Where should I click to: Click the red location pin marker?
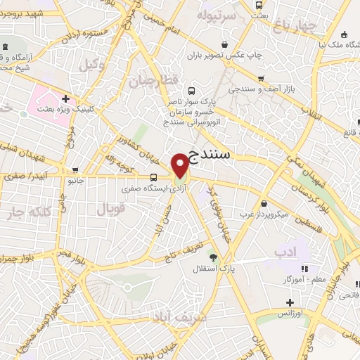point(181,165)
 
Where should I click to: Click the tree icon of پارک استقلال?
point(213,258)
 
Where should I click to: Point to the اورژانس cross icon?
point(288,302)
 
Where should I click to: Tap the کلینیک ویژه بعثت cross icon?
point(65,99)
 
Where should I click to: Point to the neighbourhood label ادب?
point(285,251)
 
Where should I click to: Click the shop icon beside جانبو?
point(75,169)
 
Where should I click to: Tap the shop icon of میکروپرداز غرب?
point(246,200)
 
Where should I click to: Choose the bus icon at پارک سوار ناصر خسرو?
point(192,91)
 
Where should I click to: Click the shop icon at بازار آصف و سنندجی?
point(262,79)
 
